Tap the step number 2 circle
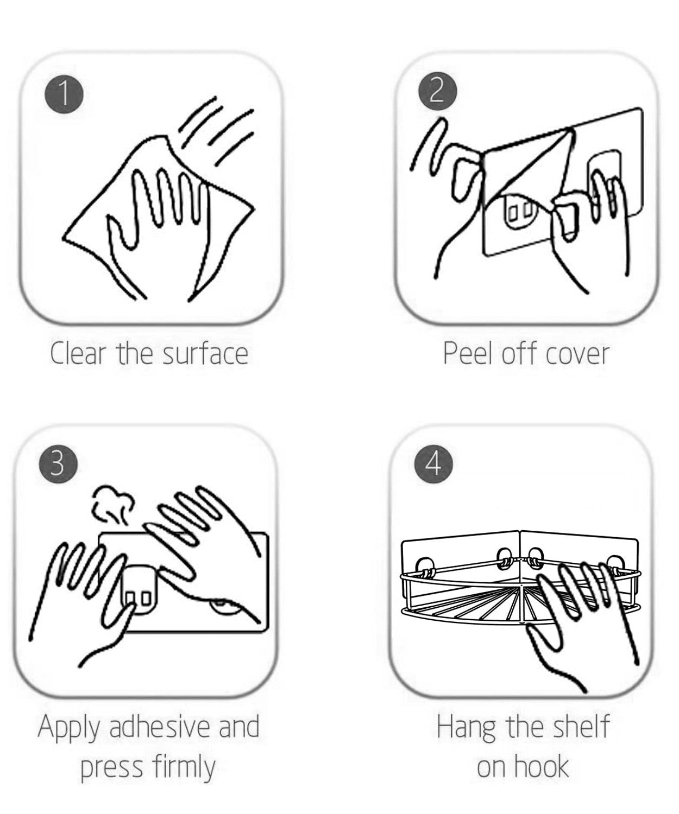437,93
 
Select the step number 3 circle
58,465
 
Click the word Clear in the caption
78,353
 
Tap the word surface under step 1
205,353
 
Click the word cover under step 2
577,354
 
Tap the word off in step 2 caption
518,353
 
